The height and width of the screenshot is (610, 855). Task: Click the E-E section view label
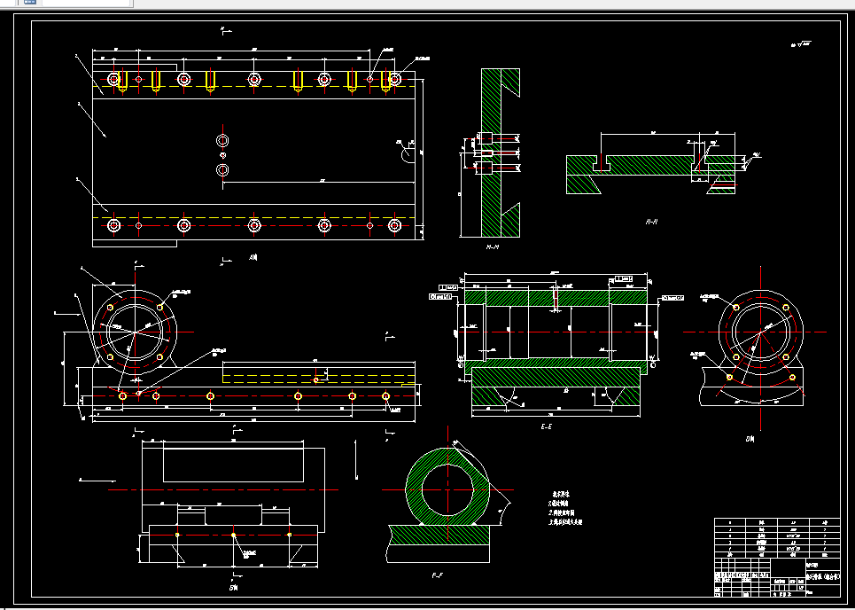tap(547, 426)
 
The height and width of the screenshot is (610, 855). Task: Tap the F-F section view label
tap(437, 575)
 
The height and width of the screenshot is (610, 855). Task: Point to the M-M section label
tap(493, 248)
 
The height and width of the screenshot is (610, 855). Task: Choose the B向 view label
tap(233, 587)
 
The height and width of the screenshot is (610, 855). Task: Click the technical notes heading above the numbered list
tap(561, 493)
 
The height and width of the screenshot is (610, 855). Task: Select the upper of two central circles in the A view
tap(222, 140)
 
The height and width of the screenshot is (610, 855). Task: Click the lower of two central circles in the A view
tap(222, 169)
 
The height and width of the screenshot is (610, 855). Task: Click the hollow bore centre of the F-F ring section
tap(447, 490)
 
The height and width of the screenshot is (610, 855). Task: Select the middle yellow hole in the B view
tap(233, 536)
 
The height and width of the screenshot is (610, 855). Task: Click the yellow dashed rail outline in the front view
tap(319, 372)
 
